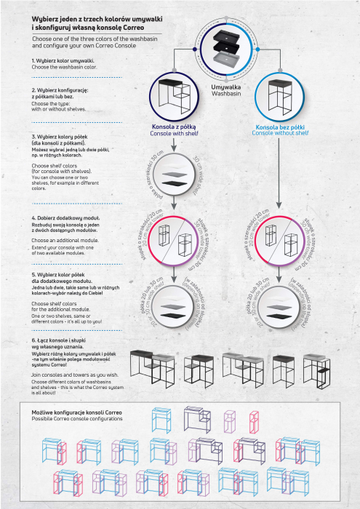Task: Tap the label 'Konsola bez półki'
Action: (x=281, y=126)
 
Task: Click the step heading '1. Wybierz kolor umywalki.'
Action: (x=63, y=60)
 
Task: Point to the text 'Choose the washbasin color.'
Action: (x=64, y=66)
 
